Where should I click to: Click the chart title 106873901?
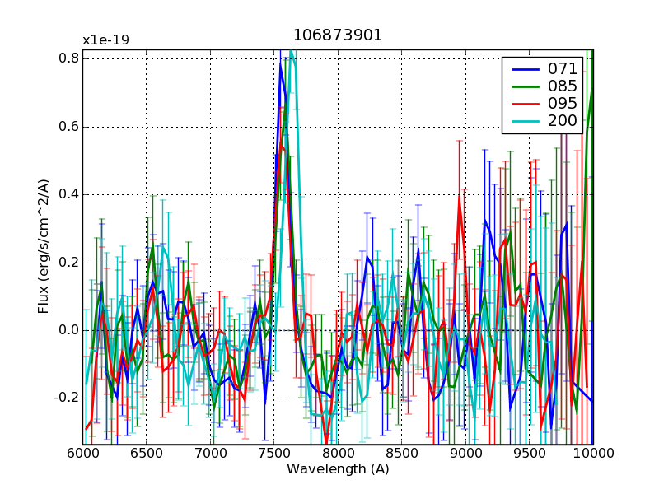point(338,35)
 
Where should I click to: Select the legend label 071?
point(563,68)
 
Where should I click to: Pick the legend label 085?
point(563,86)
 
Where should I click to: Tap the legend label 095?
point(563,104)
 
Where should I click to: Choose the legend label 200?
point(563,122)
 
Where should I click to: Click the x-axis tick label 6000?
point(83,454)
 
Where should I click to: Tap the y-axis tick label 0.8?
point(68,58)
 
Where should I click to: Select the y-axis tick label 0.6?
point(68,127)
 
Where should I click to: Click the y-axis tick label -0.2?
point(67,398)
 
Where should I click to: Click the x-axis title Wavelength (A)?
point(338,469)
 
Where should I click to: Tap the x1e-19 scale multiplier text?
point(105,40)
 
